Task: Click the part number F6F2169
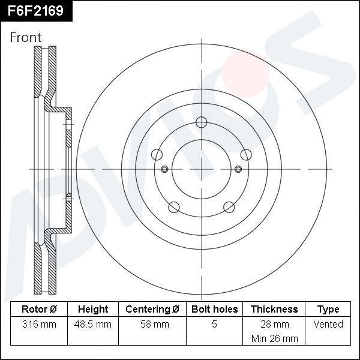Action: pos(35,10)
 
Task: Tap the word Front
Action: pos(26,37)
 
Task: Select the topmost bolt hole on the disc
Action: pos(201,124)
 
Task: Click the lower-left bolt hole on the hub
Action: pos(174,207)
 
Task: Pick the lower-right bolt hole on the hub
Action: pos(229,207)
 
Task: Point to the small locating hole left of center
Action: pos(164,169)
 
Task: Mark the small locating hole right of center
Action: pos(238,169)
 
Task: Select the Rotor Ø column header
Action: pos(39,309)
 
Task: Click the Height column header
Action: pos(93,309)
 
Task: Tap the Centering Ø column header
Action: pos(152,309)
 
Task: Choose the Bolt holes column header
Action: pos(214,309)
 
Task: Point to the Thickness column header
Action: pos(274,309)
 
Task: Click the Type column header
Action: pos(328,309)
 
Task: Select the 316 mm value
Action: pos(39,324)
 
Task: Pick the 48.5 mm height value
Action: pos(93,324)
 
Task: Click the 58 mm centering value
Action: pos(152,324)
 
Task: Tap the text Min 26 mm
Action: pos(274,338)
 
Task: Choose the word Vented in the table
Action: pos(328,324)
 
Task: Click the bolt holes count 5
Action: pos(214,324)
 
